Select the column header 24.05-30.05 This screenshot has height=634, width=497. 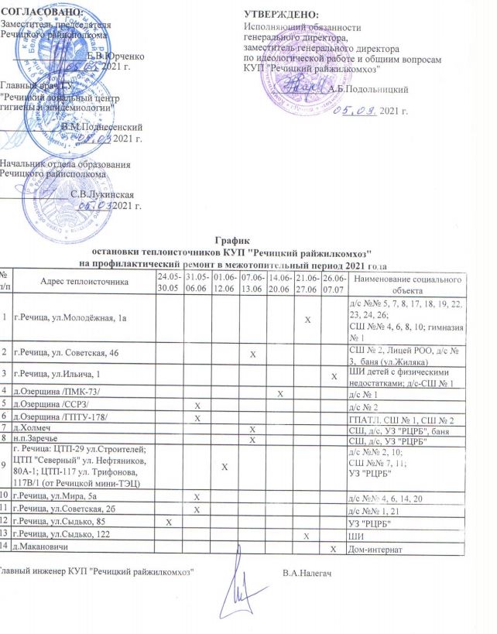click(x=168, y=281)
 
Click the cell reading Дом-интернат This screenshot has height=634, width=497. click(x=377, y=550)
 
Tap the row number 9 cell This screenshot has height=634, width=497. click(x=6, y=463)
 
